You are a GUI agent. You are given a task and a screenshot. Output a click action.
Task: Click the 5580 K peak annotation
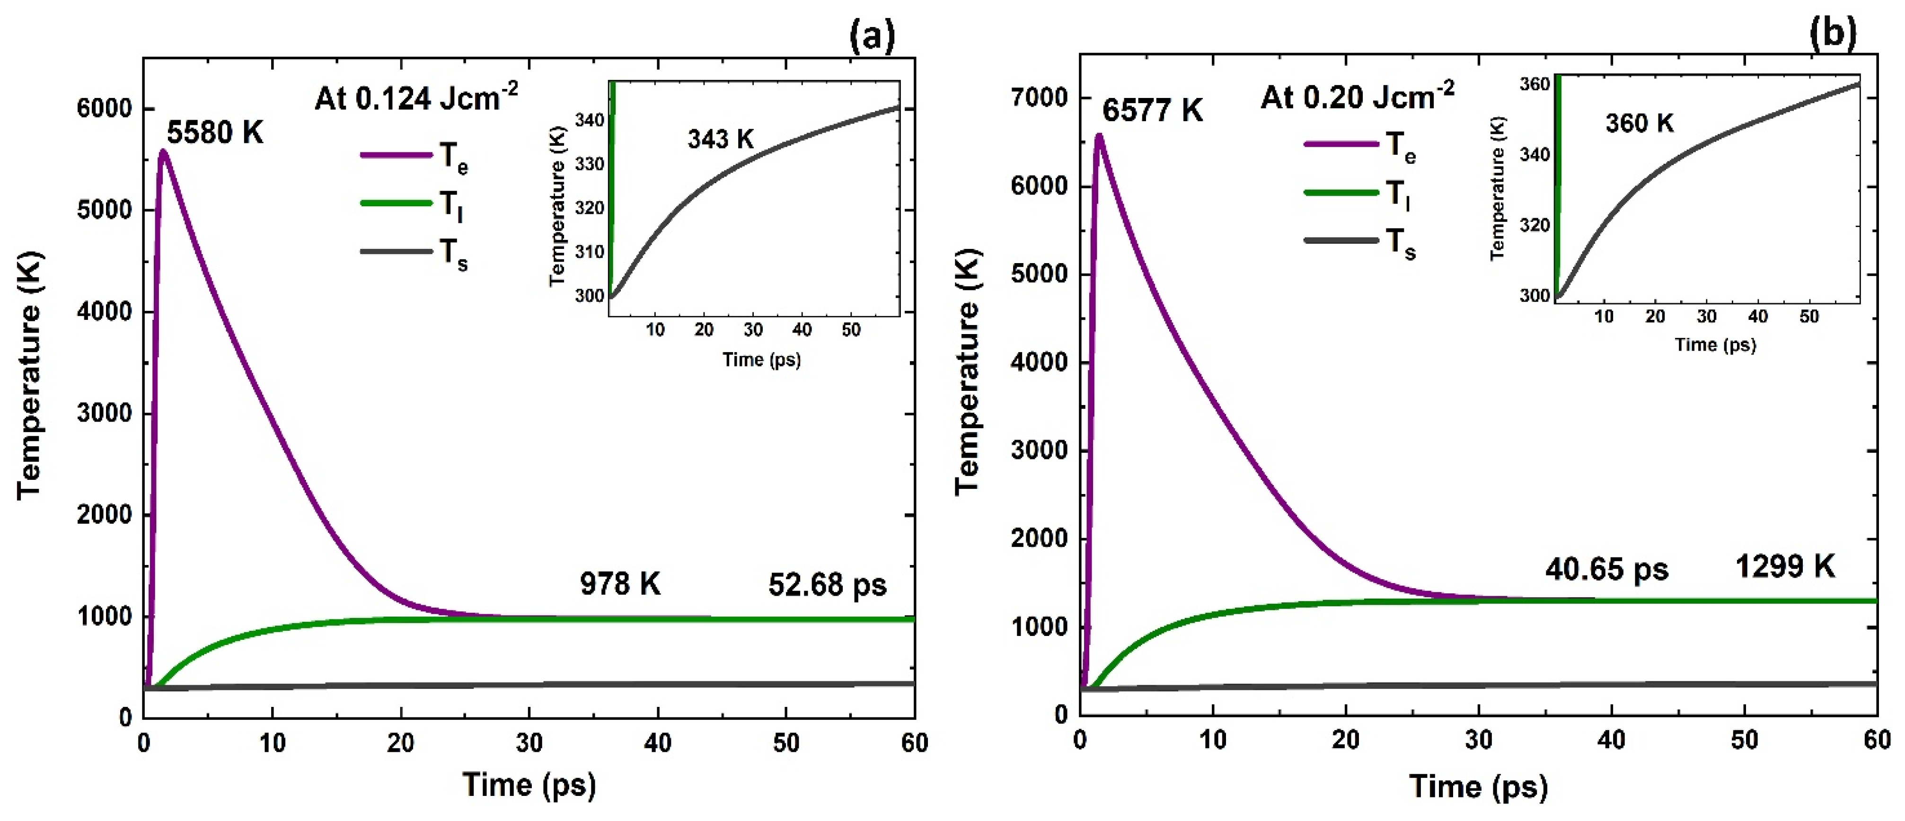point(214,132)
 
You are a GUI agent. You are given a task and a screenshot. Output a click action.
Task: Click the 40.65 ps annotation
point(1606,569)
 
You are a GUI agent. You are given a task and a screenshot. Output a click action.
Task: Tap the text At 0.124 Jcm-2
point(415,97)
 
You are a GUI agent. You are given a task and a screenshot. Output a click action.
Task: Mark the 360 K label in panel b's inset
point(1639,123)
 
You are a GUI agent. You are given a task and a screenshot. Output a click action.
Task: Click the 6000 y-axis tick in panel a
point(104,109)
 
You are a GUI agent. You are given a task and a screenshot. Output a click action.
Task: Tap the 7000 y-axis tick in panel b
point(1040,97)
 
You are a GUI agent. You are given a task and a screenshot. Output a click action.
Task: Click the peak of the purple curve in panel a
point(163,151)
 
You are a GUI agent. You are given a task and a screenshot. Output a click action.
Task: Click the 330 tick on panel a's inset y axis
point(590,163)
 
